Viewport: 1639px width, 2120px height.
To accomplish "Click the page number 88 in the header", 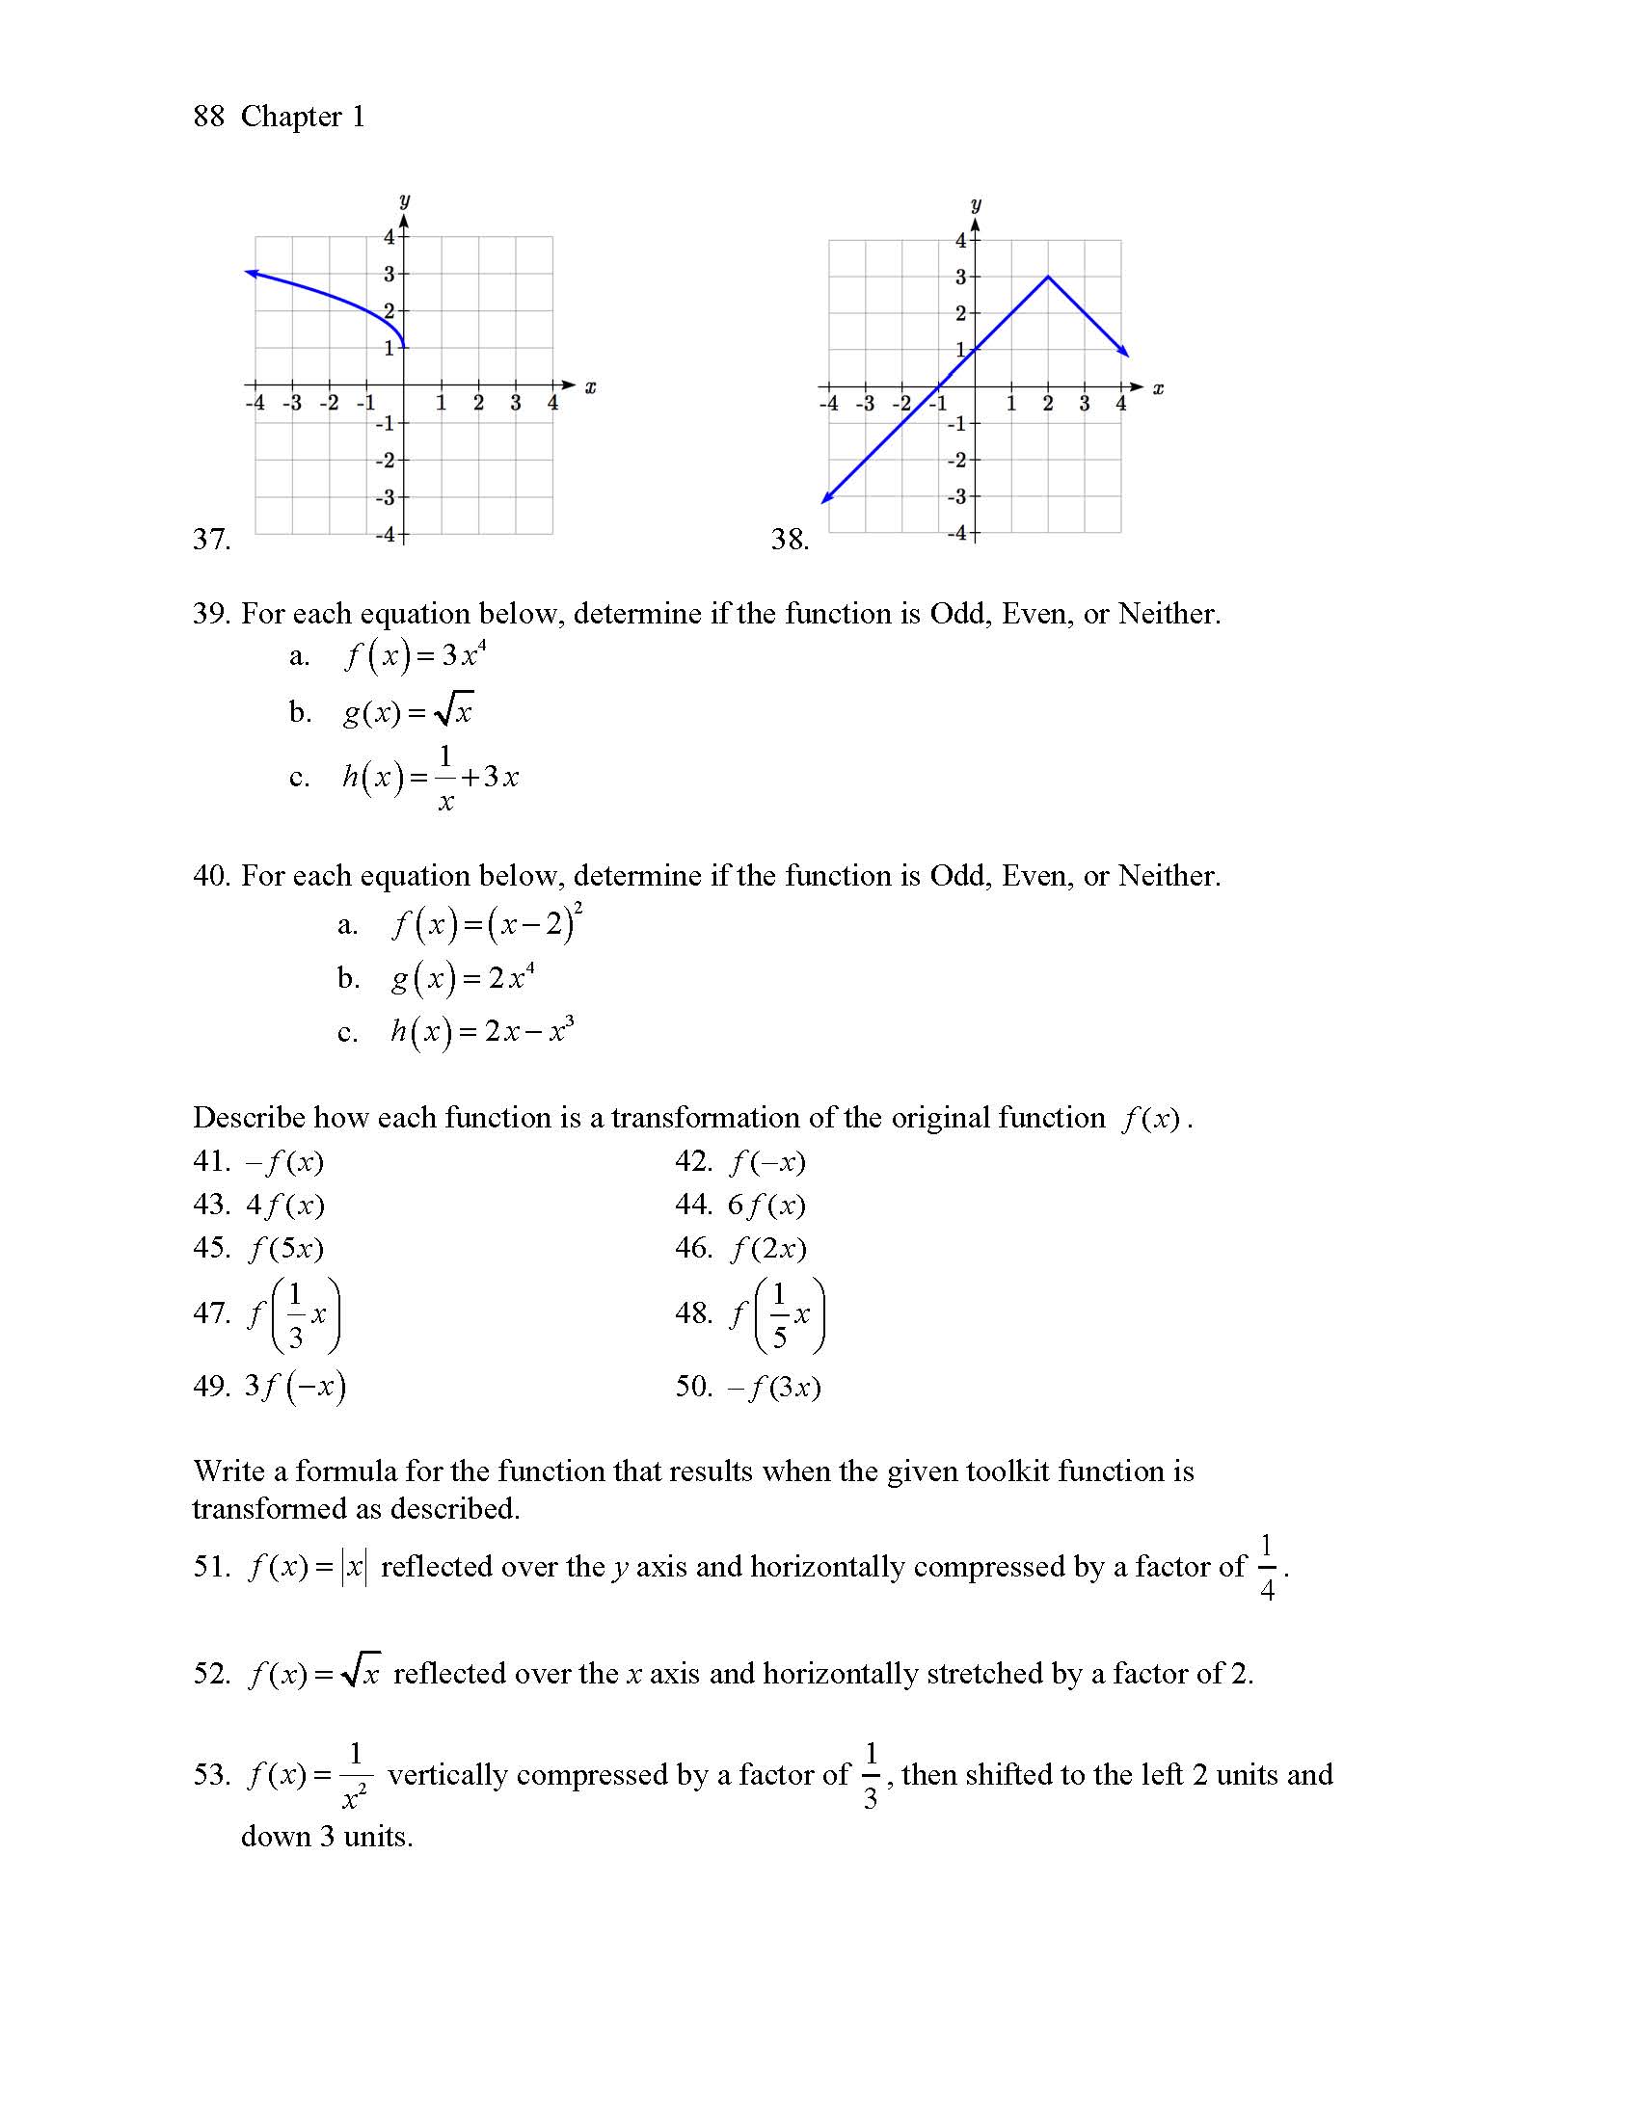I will click(209, 117).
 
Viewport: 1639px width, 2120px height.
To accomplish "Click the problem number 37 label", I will click(211, 539).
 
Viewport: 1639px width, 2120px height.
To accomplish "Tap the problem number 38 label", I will click(790, 539).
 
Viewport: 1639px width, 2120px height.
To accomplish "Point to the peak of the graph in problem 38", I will click(1048, 277).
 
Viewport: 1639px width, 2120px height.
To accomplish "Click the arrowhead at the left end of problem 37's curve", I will click(251, 274).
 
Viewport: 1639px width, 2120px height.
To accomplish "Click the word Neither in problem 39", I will click(1169, 614).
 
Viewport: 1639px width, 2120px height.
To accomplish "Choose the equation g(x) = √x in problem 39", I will click(408, 712).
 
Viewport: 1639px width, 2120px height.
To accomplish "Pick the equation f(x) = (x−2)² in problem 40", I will click(487, 923).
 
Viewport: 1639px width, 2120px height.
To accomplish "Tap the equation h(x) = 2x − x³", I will click(482, 1031).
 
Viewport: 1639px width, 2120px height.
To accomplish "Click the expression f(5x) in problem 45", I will click(285, 1248).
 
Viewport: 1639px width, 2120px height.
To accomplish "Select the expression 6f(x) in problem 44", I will click(767, 1206).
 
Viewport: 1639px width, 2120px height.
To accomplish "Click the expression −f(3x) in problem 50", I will click(775, 1387).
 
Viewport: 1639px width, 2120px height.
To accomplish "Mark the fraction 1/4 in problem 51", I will click(1266, 1567).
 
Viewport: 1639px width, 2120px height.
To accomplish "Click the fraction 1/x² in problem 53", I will click(355, 1775).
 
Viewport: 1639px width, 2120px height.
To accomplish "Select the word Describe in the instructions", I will click(248, 1118).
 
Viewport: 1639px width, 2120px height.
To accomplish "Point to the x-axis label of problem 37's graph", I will click(589, 388).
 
